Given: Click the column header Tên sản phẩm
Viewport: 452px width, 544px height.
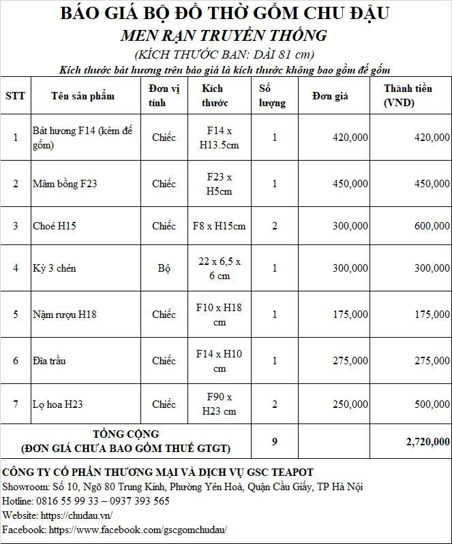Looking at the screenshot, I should coord(83,95).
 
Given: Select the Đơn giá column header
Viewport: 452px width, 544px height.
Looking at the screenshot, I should coord(330,96).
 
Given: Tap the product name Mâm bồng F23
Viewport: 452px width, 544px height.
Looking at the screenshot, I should coord(65,184).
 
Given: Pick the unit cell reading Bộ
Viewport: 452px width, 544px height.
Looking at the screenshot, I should coord(164,268).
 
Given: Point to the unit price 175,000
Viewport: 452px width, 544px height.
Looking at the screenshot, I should coord(350,315).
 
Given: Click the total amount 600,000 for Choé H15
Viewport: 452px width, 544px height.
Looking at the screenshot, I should coord(432,226).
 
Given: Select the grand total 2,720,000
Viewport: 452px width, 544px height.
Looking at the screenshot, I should coord(427,442).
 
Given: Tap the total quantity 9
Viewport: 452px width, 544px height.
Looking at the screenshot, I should coord(275,442).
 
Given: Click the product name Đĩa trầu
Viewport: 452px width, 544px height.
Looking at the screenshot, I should coord(49,361).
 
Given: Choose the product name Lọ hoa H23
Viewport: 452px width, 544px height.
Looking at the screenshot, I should coord(58,404).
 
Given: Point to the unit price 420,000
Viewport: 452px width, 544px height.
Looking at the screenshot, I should coord(350,138).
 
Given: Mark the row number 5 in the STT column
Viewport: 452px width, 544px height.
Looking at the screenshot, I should coord(16,315).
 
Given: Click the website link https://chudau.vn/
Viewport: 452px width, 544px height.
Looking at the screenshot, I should coord(77,515).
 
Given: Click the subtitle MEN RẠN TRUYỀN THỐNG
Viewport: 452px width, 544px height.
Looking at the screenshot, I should coord(224,35).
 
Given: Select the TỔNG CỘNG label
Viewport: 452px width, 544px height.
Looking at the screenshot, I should coord(126,434).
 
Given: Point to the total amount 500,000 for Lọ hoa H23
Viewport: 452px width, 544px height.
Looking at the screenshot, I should coord(432,404).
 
